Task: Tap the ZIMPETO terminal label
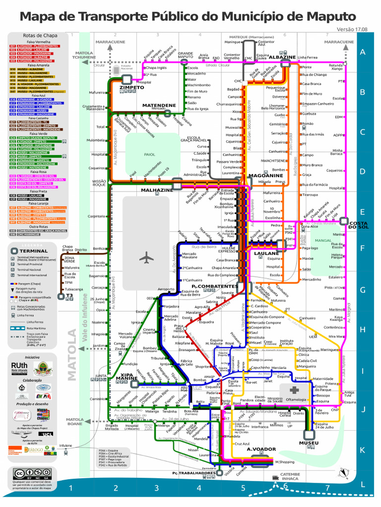click(x=131, y=88)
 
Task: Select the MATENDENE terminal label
click(x=159, y=105)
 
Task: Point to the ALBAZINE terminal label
click(x=282, y=57)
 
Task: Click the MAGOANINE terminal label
click(x=265, y=175)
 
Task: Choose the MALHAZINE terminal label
click(x=157, y=190)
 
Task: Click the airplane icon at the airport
click(x=147, y=258)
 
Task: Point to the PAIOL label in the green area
click(x=149, y=154)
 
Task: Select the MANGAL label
click(x=323, y=240)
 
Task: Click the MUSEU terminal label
click(x=309, y=443)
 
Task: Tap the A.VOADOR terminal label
click(x=260, y=449)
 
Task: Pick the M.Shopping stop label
click(x=284, y=462)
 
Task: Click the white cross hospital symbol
click(x=289, y=390)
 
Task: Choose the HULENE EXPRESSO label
click(x=229, y=249)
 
